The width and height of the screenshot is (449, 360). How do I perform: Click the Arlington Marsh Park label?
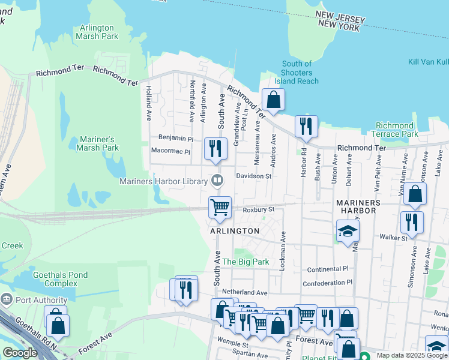97,32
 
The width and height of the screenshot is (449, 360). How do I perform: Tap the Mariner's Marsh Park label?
99,143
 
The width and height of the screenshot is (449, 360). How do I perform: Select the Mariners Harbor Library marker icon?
217,179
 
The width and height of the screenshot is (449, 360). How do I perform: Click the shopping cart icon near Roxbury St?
220,206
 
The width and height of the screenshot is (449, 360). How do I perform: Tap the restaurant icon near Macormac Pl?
215,148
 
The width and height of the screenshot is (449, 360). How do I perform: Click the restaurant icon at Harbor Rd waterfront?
306,125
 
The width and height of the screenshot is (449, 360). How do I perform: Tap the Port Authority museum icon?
7,299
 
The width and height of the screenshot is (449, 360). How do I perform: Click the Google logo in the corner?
20,353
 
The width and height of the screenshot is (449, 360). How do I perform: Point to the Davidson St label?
254,176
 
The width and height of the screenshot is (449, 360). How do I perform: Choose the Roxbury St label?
259,209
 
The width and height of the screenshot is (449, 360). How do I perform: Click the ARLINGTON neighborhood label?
235,231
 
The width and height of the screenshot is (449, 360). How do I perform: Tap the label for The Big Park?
246,262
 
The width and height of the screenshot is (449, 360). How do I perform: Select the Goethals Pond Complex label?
60,279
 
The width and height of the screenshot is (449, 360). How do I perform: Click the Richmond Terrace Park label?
394,130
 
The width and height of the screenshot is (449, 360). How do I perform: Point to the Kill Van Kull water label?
429,62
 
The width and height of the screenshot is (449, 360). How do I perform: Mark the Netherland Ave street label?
244,292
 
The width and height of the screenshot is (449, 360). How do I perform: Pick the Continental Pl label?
327,269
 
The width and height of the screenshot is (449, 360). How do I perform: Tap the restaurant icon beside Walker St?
412,221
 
